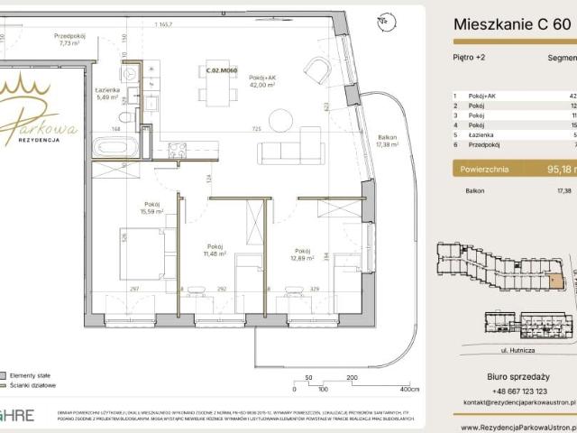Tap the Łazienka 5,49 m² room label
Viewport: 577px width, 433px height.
click(x=107, y=94)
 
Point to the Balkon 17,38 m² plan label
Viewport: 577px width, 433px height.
click(x=388, y=140)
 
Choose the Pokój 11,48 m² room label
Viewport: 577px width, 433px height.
click(x=215, y=250)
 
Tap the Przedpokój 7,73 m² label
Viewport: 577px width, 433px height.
click(x=71, y=38)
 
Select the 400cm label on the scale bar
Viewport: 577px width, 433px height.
click(x=409, y=390)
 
